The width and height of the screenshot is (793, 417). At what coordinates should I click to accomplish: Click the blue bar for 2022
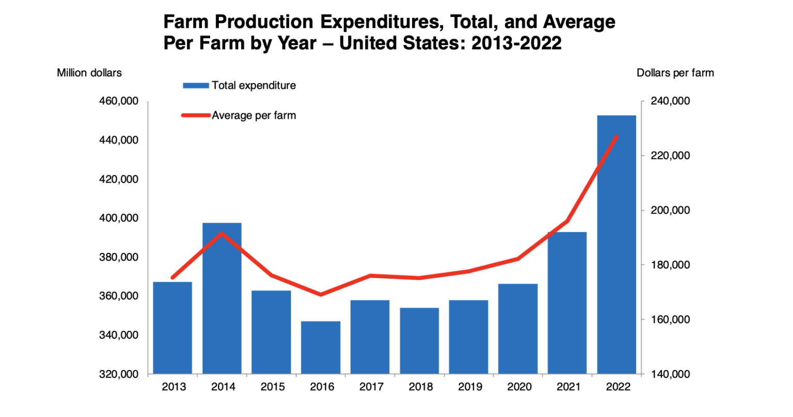[x=616, y=245]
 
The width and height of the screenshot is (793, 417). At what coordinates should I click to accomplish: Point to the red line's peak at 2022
[x=617, y=136]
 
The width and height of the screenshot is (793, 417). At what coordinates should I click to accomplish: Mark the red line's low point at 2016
[x=321, y=295]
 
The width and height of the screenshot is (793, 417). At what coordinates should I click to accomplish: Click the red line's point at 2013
[x=172, y=278]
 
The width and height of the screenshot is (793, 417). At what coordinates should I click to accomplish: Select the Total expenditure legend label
[x=253, y=86]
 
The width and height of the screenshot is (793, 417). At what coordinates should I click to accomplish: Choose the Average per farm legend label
[x=253, y=116]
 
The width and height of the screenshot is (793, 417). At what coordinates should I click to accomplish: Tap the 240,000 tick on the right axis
[x=670, y=101]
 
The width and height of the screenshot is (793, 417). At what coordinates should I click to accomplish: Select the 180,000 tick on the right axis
[x=670, y=265]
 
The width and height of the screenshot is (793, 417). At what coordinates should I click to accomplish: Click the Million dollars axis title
[x=89, y=73]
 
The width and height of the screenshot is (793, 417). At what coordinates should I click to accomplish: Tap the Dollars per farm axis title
[x=675, y=73]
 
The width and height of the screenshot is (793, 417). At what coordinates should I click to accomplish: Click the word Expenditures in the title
[x=382, y=22]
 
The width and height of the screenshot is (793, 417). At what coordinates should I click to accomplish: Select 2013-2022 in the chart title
[x=516, y=43]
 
